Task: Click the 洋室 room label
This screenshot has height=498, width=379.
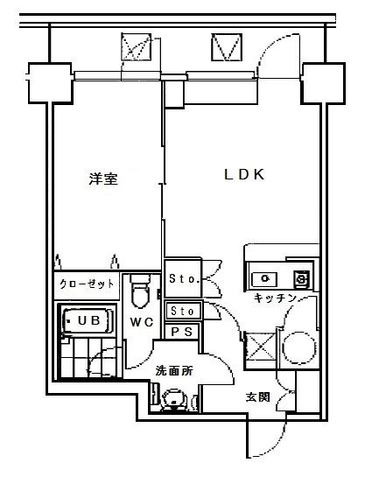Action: point(103,179)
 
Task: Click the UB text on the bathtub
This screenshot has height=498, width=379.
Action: point(88,321)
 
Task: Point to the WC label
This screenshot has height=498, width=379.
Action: point(143,323)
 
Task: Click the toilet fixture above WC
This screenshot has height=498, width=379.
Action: point(140,291)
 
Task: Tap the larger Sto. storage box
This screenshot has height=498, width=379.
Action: point(184,279)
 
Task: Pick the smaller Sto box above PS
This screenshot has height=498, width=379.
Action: point(183,311)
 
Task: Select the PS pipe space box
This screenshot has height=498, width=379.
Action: point(183,332)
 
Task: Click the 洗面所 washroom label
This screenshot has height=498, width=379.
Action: point(173,371)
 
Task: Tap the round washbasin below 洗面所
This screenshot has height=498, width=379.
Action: point(172,400)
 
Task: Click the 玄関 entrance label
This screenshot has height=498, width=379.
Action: point(256,397)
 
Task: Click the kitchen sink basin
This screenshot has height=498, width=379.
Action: point(263,278)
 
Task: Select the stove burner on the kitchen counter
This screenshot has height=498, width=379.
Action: point(300,278)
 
